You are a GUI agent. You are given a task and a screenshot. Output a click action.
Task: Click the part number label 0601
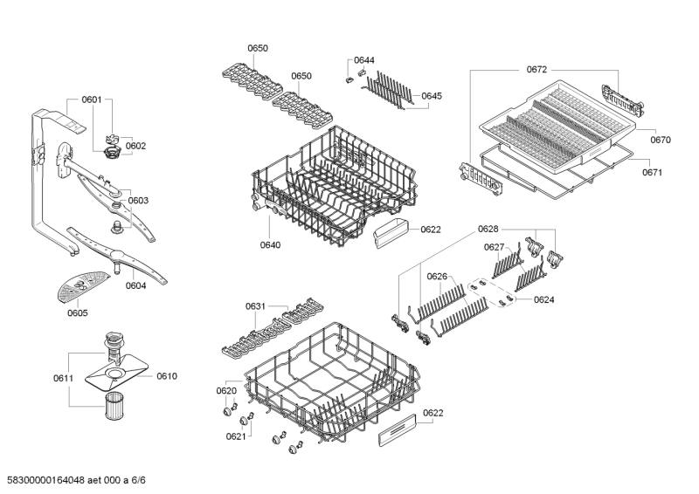(92, 100)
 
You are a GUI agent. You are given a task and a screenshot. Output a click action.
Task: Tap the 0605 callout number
(78, 313)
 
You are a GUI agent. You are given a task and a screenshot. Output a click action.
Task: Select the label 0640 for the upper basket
(270, 245)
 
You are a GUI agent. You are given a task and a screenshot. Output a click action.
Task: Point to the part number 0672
(536, 69)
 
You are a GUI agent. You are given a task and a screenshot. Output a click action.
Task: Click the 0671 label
(653, 172)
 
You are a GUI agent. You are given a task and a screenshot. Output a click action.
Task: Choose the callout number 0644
(364, 60)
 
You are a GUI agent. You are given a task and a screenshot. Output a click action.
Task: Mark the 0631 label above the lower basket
(256, 306)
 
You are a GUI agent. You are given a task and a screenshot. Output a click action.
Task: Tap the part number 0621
(234, 436)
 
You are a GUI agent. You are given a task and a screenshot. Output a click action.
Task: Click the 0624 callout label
(543, 299)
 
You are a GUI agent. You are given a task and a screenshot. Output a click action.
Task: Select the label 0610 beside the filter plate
(167, 376)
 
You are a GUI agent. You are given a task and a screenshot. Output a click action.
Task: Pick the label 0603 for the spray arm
(138, 200)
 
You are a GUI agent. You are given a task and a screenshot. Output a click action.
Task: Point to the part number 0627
(495, 247)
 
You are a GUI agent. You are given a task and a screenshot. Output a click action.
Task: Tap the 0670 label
(661, 139)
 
